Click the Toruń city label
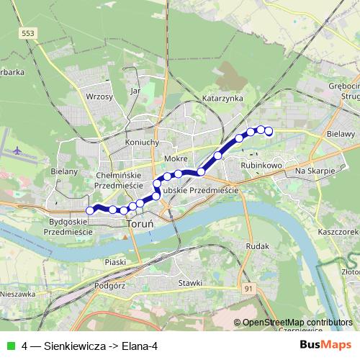pyautogui.click(x=136, y=224)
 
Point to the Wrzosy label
pyautogui.click(x=99, y=96)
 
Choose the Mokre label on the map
pyautogui.click(x=176, y=158)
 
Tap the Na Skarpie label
pyautogui.click(x=315, y=171)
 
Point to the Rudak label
pyautogui.click(x=256, y=246)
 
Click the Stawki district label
pyautogui.click(x=190, y=283)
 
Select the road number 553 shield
pyautogui.click(x=27, y=34)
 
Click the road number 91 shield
pyautogui.click(x=249, y=289)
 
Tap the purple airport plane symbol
pyautogui.click(x=18, y=151)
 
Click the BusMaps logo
pyautogui.click(x=325, y=345)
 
